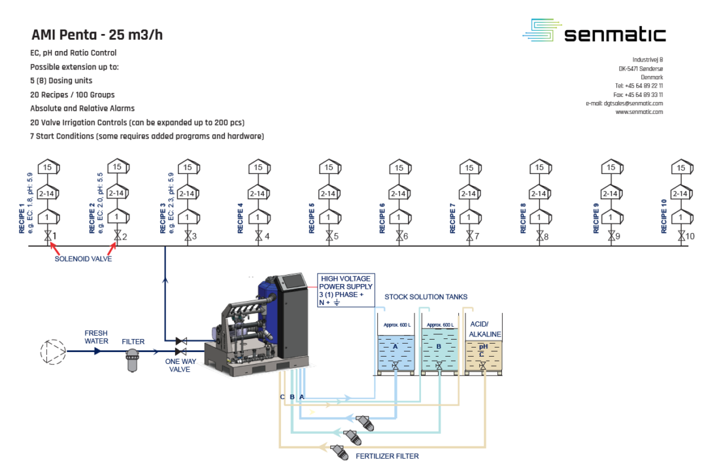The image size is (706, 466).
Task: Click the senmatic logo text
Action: (614, 34)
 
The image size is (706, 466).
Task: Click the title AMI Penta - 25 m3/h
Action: (97, 35)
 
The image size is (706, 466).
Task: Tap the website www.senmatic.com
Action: (639, 112)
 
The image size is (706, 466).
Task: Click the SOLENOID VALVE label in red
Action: (83, 259)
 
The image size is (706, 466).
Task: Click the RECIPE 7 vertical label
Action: (452, 218)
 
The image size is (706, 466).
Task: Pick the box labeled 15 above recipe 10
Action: (681, 168)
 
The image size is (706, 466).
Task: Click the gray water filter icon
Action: (133, 359)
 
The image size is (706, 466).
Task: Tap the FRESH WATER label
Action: (96, 337)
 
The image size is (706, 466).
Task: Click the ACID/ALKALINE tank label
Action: (485, 329)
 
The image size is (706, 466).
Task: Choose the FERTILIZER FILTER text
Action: (388, 456)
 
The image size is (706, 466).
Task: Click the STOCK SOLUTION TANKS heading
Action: (426, 296)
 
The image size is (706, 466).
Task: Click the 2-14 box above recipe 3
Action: (188, 193)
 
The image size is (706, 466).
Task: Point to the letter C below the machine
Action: (282, 397)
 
